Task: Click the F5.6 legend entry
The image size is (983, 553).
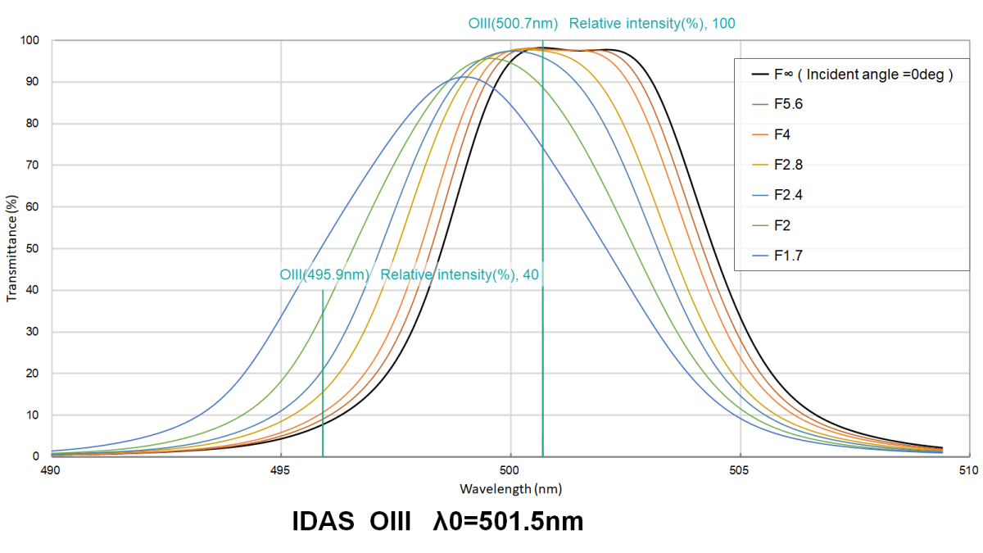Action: click(777, 104)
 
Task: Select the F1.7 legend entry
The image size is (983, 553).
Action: click(777, 256)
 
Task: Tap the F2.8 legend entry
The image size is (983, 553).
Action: click(777, 165)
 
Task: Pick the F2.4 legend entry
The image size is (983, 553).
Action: click(777, 195)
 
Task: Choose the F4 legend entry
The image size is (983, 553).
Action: click(771, 134)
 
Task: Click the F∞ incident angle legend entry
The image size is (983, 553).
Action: click(852, 75)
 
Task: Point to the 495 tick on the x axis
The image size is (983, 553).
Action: click(280, 470)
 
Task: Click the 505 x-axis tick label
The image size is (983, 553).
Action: click(739, 470)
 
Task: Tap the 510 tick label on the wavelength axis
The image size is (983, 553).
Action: click(968, 470)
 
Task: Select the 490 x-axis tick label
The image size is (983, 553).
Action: click(51, 470)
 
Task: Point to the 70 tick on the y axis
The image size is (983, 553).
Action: click(32, 165)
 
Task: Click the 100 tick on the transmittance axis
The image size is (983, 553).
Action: click(29, 40)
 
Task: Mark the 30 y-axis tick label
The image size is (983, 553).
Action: click(32, 332)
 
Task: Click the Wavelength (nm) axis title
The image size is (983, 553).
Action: click(511, 489)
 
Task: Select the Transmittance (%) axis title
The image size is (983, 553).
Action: click(11, 248)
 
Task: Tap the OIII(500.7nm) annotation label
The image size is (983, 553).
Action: click(513, 23)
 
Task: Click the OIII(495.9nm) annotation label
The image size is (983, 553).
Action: click(324, 274)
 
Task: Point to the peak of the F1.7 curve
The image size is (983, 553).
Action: click(464, 77)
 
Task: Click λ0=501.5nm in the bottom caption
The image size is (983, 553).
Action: click(508, 521)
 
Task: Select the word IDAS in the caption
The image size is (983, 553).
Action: click(323, 521)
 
